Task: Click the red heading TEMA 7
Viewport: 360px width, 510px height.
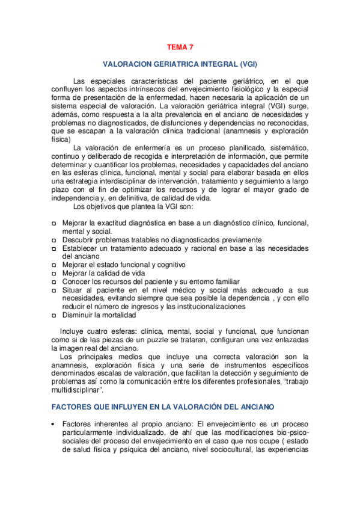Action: point(180,46)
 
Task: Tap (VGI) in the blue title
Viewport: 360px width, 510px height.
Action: point(243,63)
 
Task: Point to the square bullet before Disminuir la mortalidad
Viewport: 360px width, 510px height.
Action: point(53,315)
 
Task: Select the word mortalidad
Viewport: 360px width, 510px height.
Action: point(118,315)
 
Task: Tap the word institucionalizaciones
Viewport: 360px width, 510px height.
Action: point(204,307)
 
